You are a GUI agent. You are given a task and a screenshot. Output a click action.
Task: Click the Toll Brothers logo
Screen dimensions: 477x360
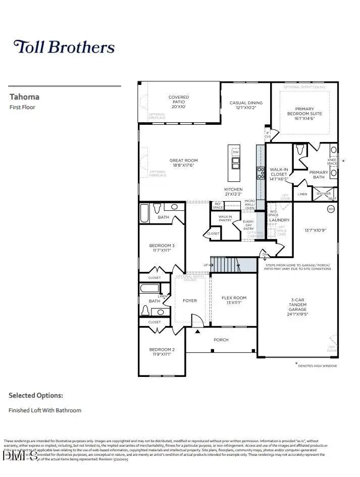[x=64, y=47]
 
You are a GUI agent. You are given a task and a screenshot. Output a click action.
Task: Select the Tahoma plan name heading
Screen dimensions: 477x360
[x=24, y=97]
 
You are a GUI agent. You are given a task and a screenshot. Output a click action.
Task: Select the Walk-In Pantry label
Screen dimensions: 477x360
[x=225, y=218]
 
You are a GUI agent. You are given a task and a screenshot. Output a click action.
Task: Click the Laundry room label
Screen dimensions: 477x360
[x=279, y=220]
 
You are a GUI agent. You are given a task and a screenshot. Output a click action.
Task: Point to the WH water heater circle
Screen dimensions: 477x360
[x=331, y=209]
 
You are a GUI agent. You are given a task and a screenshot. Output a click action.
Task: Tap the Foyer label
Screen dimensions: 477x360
[x=190, y=301]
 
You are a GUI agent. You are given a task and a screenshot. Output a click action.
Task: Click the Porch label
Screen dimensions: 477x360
[x=221, y=340]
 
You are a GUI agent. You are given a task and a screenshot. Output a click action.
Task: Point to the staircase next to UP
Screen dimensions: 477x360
[x=223, y=264]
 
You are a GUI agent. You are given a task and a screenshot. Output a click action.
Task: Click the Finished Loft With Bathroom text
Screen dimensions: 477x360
[x=45, y=410]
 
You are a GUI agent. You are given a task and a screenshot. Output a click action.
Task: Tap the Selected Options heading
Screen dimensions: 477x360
[x=36, y=395]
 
